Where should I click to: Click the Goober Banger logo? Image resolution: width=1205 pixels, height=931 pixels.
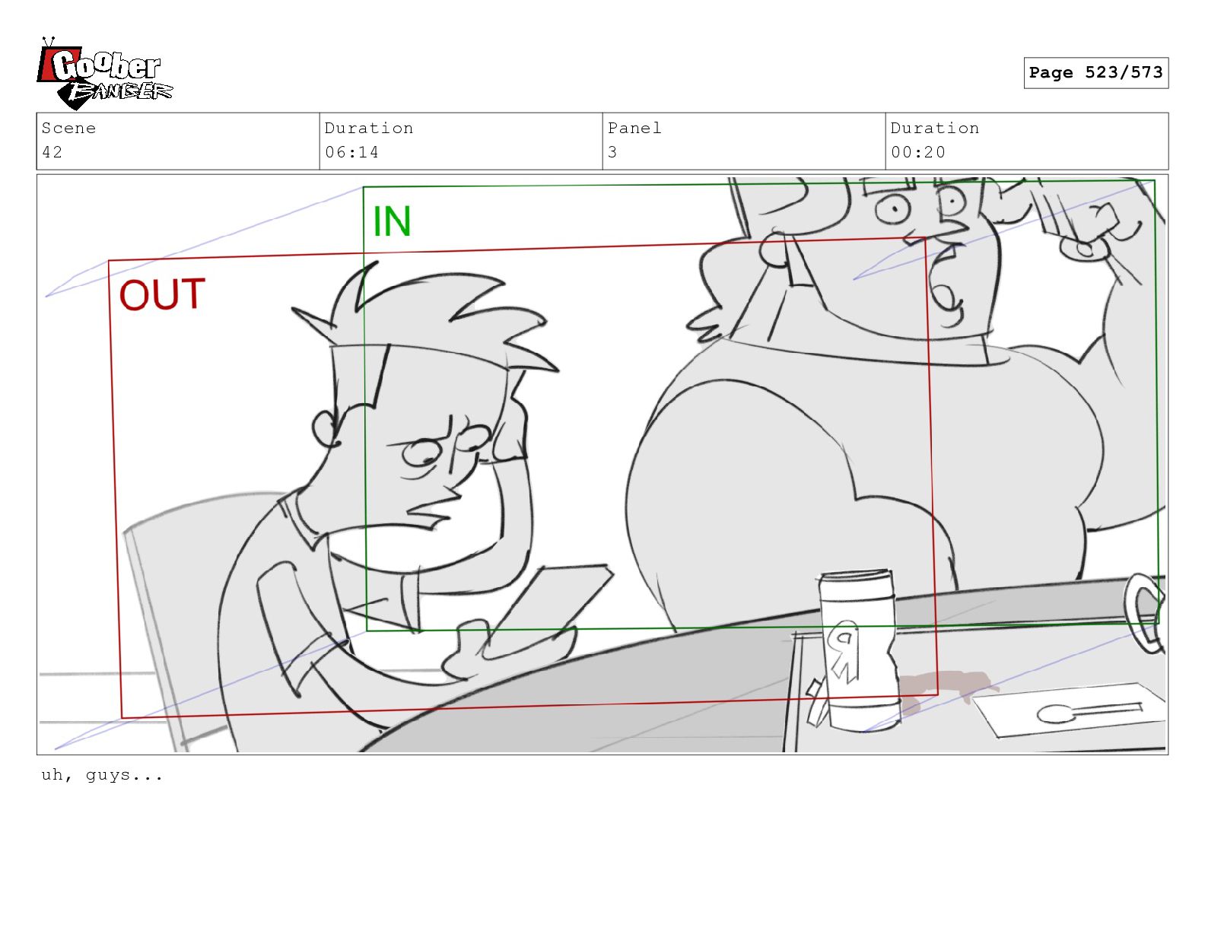[x=104, y=74]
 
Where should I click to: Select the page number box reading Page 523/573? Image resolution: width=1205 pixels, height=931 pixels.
[x=1095, y=72]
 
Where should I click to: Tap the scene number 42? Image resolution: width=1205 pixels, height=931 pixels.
[x=52, y=152]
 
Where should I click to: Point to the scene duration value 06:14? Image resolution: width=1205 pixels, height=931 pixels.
[x=351, y=152]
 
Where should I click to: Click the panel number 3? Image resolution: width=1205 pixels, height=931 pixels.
[x=612, y=152]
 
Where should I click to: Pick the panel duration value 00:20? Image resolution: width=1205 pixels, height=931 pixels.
[x=917, y=152]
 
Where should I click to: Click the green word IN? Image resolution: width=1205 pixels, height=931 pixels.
[x=392, y=221]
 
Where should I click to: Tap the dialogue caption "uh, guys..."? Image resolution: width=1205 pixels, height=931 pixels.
[x=102, y=774]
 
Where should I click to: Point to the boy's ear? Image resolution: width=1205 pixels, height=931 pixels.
[x=324, y=429]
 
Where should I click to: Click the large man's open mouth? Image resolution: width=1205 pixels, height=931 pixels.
[x=946, y=288]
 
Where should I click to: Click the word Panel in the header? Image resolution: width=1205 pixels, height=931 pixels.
[x=634, y=128]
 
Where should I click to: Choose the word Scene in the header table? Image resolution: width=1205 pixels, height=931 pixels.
[x=68, y=128]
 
